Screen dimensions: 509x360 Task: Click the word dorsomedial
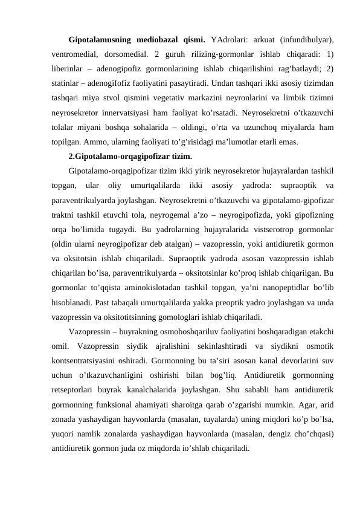121,54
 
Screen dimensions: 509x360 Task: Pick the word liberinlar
68,67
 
